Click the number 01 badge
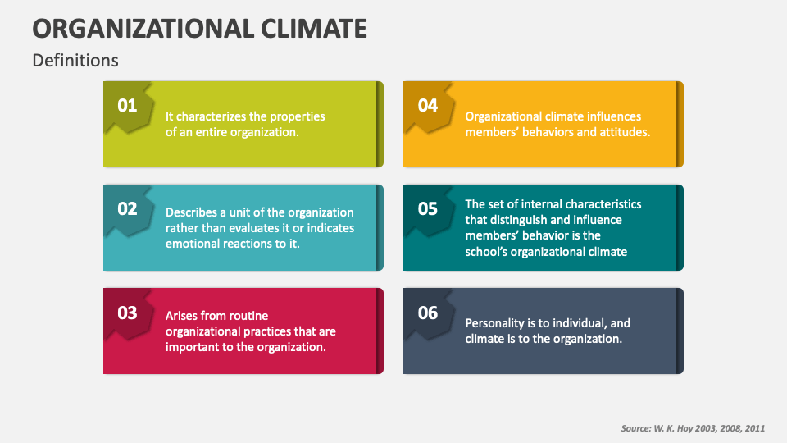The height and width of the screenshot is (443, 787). coord(127,105)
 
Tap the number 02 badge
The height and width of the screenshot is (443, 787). coord(127,208)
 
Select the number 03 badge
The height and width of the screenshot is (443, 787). coord(127,313)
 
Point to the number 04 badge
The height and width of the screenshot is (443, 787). coord(428,105)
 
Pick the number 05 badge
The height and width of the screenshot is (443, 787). coord(428,208)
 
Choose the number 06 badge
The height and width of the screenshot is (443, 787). coord(428,313)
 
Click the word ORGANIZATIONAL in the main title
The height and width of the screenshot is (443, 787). coord(141,29)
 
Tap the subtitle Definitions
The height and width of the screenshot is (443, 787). coord(75,61)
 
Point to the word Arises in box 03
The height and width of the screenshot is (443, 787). coord(183,316)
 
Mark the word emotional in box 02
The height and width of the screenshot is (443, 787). coord(193,244)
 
